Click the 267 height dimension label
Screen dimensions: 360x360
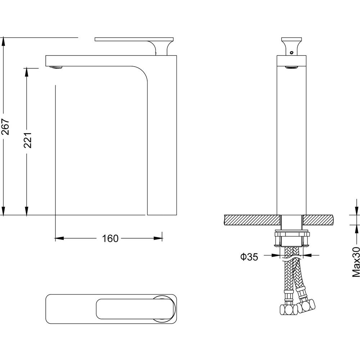[5, 126]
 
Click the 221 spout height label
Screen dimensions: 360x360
[28, 140]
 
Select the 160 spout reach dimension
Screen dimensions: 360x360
[110, 239]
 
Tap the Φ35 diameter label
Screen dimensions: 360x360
[249, 257]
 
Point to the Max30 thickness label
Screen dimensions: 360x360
[356, 262]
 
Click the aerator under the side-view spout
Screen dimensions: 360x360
[56, 67]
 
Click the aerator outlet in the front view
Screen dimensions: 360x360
[291, 67]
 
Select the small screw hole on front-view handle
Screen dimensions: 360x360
[292, 52]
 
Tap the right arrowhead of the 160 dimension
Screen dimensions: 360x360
[158, 238]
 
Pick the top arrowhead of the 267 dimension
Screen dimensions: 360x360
[3, 42]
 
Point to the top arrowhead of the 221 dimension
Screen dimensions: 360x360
[27, 72]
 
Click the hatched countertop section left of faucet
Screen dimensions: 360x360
[252, 220]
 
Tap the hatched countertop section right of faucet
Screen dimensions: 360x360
[318, 220]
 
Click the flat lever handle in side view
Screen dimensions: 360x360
[134, 39]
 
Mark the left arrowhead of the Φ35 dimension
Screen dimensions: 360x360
[275, 255]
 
